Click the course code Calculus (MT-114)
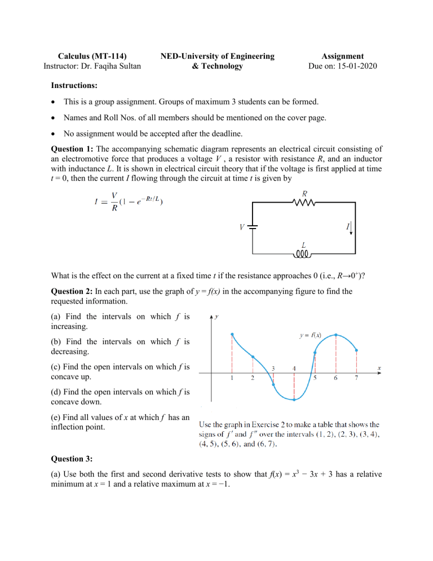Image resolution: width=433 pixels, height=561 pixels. [85, 56]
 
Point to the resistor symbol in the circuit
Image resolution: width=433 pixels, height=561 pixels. [305, 205]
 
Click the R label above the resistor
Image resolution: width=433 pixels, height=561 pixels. [305, 194]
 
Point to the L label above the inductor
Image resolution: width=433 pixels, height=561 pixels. [304, 245]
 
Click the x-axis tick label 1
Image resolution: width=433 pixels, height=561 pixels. [232, 378]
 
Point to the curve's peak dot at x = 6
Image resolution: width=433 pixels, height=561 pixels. [336, 335]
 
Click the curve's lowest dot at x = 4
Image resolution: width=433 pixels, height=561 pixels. [294, 400]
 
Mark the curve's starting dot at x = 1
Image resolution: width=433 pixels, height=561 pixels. [232, 334]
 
